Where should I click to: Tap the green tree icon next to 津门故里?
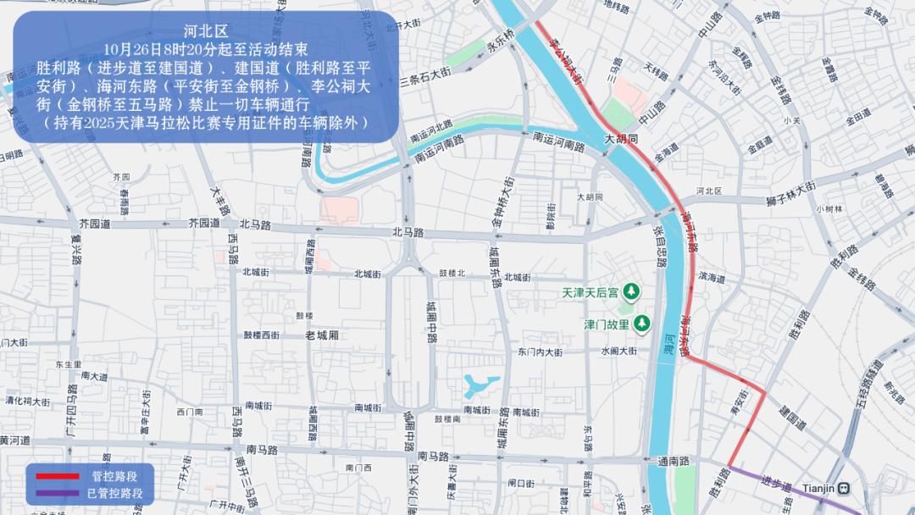(643, 323)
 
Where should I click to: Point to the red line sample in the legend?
(56, 477)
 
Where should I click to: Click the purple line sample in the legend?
(56, 492)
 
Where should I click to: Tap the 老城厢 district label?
(322, 335)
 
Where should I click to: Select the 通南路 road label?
(674, 461)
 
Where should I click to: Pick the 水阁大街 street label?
(618, 351)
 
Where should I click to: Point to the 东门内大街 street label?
(540, 352)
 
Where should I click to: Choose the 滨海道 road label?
(712, 277)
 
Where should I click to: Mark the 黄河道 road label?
(15, 440)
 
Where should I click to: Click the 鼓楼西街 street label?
(262, 335)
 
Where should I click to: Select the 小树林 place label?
(829, 208)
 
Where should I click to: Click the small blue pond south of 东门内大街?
(480, 386)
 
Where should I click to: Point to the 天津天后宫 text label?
(591, 293)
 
